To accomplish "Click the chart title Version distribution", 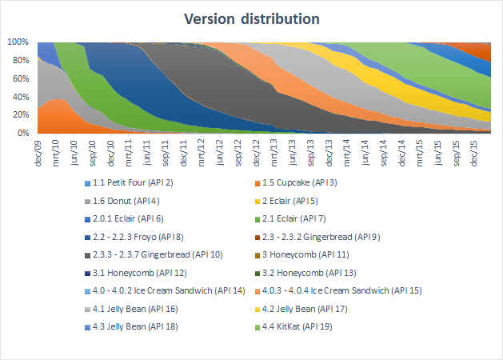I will coord(251,18).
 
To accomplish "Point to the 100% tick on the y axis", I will coord(18,42).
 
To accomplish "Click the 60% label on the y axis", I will coord(19,78).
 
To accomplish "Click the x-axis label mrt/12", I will coord(202,148).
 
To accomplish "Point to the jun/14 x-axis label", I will coord(365,148).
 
